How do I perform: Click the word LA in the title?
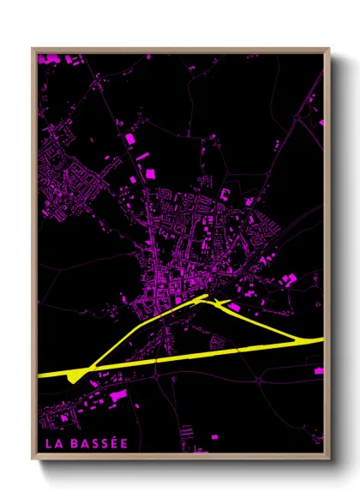[53, 444]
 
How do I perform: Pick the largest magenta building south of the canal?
[118, 395]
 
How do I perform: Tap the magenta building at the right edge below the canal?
[319, 370]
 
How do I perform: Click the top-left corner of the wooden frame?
[33, 49]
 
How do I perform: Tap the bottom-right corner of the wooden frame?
[328, 458]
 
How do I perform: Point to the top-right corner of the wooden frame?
[328, 49]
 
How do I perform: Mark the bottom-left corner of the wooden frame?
[33, 458]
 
